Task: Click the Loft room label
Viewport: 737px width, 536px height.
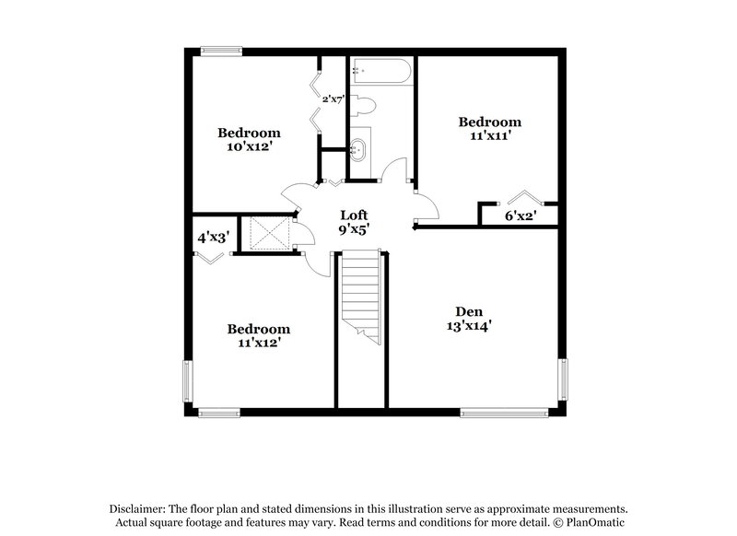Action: pyautogui.click(x=355, y=215)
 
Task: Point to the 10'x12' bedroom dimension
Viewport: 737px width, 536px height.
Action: pyautogui.click(x=249, y=147)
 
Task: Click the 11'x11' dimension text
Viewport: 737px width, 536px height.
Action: pyautogui.click(x=490, y=136)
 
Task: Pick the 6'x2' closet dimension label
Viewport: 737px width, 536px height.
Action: pyautogui.click(x=521, y=216)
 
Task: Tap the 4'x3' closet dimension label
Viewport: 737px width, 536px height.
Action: pyautogui.click(x=213, y=237)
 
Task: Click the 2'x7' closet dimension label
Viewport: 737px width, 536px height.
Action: pyautogui.click(x=333, y=99)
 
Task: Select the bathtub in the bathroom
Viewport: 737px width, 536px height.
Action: pyautogui.click(x=380, y=71)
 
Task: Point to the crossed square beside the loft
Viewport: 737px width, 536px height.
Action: pyautogui.click(x=266, y=233)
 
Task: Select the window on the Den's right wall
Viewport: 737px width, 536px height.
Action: pyautogui.click(x=563, y=379)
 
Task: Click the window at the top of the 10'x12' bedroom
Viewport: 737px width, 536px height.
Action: pyautogui.click(x=223, y=52)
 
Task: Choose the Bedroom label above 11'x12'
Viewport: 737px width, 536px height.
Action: pyautogui.click(x=259, y=329)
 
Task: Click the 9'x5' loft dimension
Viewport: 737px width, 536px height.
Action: pyautogui.click(x=355, y=230)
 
